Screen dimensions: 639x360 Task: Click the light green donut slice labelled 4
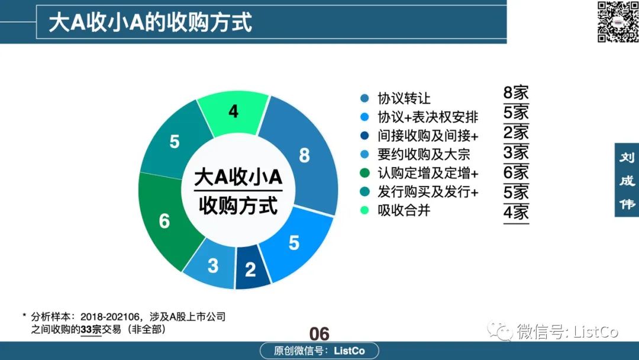click(234, 112)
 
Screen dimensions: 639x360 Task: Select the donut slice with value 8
click(304, 155)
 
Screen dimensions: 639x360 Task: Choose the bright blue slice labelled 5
click(294, 243)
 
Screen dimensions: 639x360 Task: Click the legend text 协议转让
click(404, 98)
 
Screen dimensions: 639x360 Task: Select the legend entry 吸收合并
click(404, 210)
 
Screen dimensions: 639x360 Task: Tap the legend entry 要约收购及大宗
click(424, 154)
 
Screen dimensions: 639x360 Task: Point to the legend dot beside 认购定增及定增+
click(364, 173)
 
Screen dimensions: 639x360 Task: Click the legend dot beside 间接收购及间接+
click(364, 136)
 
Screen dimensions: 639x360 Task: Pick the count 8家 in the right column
click(516, 92)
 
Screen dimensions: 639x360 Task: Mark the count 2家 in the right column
click(516, 133)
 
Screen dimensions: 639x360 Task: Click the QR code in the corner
click(617, 21)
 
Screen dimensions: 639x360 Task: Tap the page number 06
click(319, 334)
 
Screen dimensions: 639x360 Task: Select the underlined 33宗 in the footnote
click(91, 329)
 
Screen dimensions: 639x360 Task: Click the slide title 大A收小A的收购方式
click(150, 22)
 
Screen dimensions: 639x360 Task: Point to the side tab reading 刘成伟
click(627, 180)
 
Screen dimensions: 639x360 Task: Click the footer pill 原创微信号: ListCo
click(319, 351)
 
